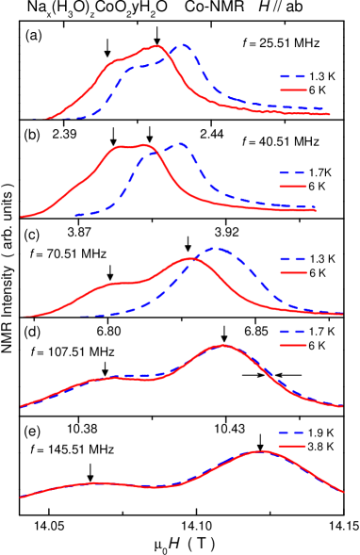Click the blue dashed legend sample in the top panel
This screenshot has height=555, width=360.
pos(293,77)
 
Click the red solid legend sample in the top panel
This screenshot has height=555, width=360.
pos(293,90)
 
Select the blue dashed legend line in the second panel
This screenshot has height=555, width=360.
pos(293,173)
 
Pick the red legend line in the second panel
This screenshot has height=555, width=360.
pos(293,187)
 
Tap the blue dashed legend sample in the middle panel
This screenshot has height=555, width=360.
pos(293,259)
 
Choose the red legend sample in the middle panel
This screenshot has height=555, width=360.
pos(293,272)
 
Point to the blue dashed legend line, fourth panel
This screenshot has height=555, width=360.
pos(293,332)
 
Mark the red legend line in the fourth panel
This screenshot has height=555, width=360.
pos(293,345)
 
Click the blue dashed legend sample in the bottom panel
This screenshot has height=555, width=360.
pos(293,433)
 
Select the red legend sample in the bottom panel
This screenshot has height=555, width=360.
pos(293,446)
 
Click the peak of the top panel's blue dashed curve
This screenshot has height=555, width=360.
pos(184,45)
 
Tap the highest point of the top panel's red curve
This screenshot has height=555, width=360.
pos(157,45)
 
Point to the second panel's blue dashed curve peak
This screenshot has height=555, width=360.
pos(179,144)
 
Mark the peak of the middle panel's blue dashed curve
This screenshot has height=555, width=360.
pos(215,249)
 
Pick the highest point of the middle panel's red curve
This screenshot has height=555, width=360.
pos(191,257)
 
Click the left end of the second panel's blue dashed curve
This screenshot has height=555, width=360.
pos(76,215)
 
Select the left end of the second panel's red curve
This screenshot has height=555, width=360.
pos(22,218)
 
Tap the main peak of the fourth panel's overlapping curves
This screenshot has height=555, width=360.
pos(224,346)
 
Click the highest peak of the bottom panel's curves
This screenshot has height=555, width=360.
pos(261,451)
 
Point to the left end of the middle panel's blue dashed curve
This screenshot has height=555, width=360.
pos(81,316)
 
